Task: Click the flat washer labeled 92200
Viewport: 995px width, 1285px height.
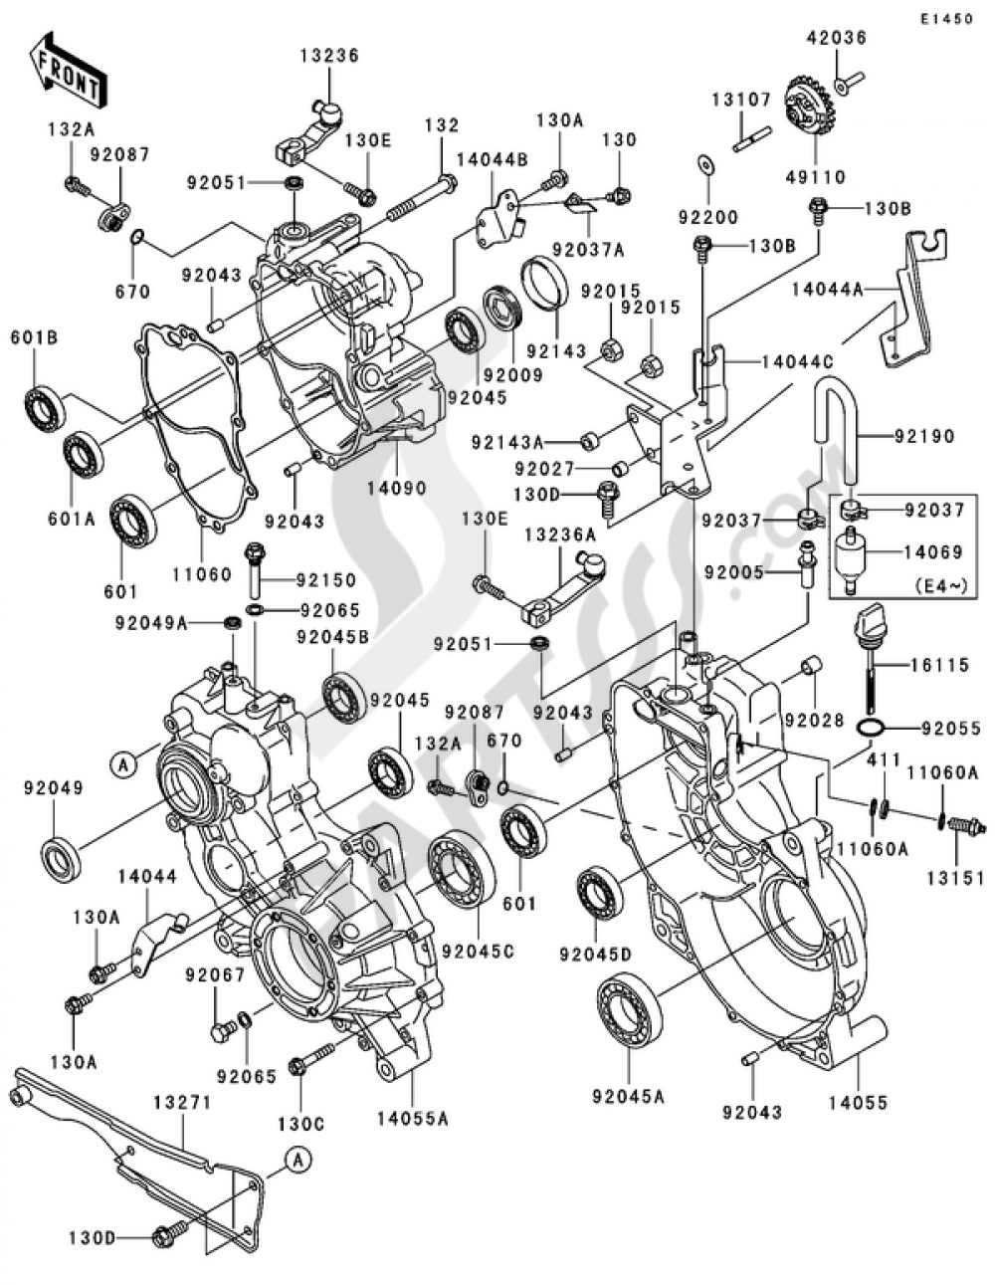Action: click(x=705, y=165)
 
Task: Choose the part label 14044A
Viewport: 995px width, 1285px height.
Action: click(x=827, y=290)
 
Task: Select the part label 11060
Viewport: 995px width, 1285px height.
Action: click(x=201, y=573)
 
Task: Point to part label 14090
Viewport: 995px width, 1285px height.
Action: click(x=395, y=489)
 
